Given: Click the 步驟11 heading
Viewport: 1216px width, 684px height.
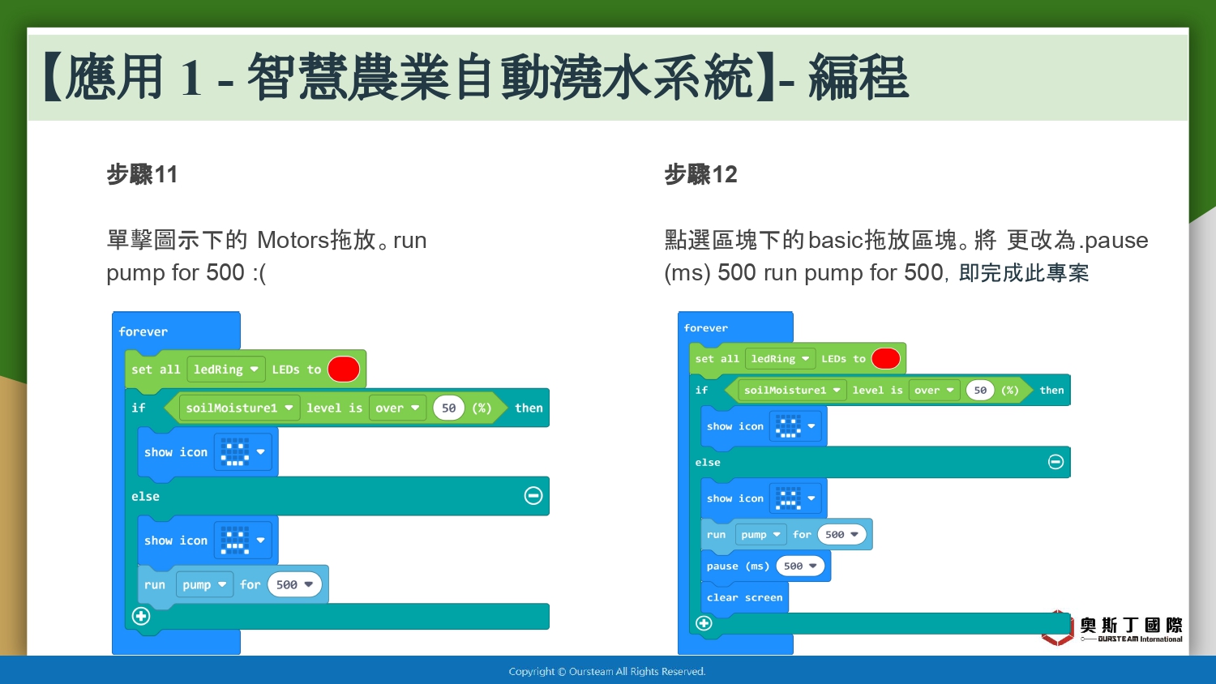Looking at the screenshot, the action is [x=142, y=174].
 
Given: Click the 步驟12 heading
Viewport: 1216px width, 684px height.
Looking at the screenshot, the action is [x=701, y=174].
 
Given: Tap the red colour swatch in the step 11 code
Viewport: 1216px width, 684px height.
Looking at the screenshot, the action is [x=344, y=369].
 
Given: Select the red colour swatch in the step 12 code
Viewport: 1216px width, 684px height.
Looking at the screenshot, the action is [x=886, y=359].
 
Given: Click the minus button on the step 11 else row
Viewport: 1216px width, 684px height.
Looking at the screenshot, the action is [x=533, y=496].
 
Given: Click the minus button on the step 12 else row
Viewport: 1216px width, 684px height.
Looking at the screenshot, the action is [x=1055, y=462].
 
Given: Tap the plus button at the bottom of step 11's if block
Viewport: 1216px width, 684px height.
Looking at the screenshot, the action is [x=141, y=616].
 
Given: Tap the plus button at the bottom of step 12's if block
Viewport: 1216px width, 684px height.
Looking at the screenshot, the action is [x=704, y=622].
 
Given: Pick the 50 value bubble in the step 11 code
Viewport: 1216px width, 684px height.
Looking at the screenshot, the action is [x=448, y=408].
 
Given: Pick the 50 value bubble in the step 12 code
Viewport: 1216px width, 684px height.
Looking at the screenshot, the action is [x=980, y=391].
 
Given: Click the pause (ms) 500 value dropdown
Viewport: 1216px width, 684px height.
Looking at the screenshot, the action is [x=800, y=566].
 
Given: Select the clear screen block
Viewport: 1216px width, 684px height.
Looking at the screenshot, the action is [x=745, y=597].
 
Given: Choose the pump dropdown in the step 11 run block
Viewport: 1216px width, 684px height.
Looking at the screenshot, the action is [x=204, y=584].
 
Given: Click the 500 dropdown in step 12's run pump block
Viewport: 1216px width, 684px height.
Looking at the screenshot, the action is [x=841, y=535].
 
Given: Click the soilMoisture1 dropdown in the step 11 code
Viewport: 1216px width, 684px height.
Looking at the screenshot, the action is [x=239, y=408].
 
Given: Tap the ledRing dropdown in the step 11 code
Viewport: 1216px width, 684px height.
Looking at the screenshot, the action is [x=226, y=370].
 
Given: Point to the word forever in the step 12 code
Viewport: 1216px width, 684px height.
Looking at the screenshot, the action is [x=706, y=328].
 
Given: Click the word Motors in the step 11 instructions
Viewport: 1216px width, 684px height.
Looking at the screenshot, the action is [x=293, y=240].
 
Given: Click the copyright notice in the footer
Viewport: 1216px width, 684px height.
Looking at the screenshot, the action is [x=607, y=672].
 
